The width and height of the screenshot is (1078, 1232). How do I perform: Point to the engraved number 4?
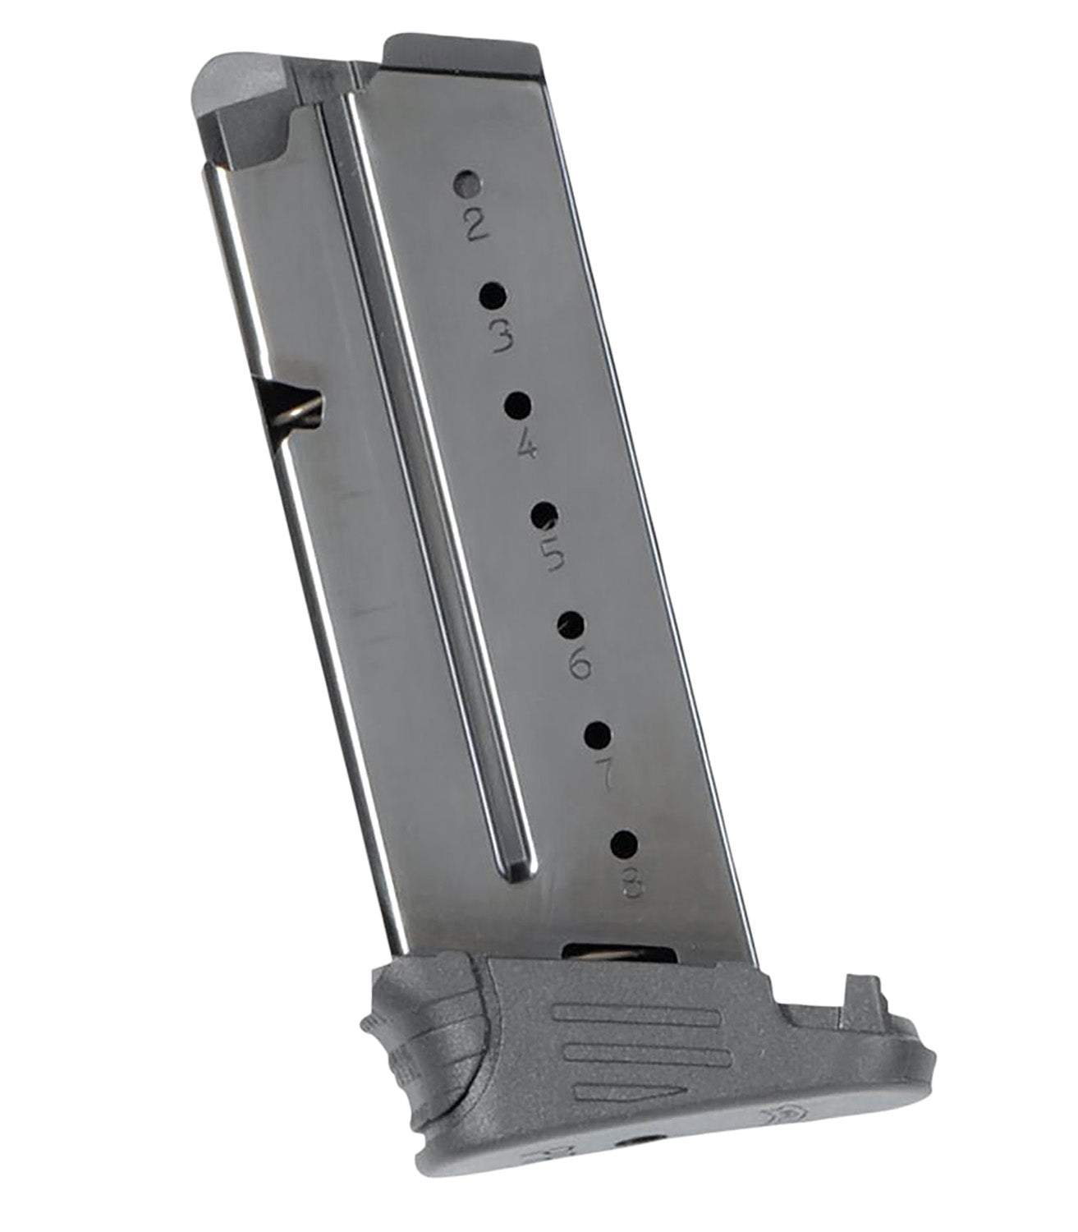[x=526, y=448]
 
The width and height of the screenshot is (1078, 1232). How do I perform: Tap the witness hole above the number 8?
[x=626, y=844]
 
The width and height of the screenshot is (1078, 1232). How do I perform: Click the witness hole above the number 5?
[x=544, y=515]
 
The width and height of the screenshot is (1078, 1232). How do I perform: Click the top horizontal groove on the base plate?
[x=636, y=1015]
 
